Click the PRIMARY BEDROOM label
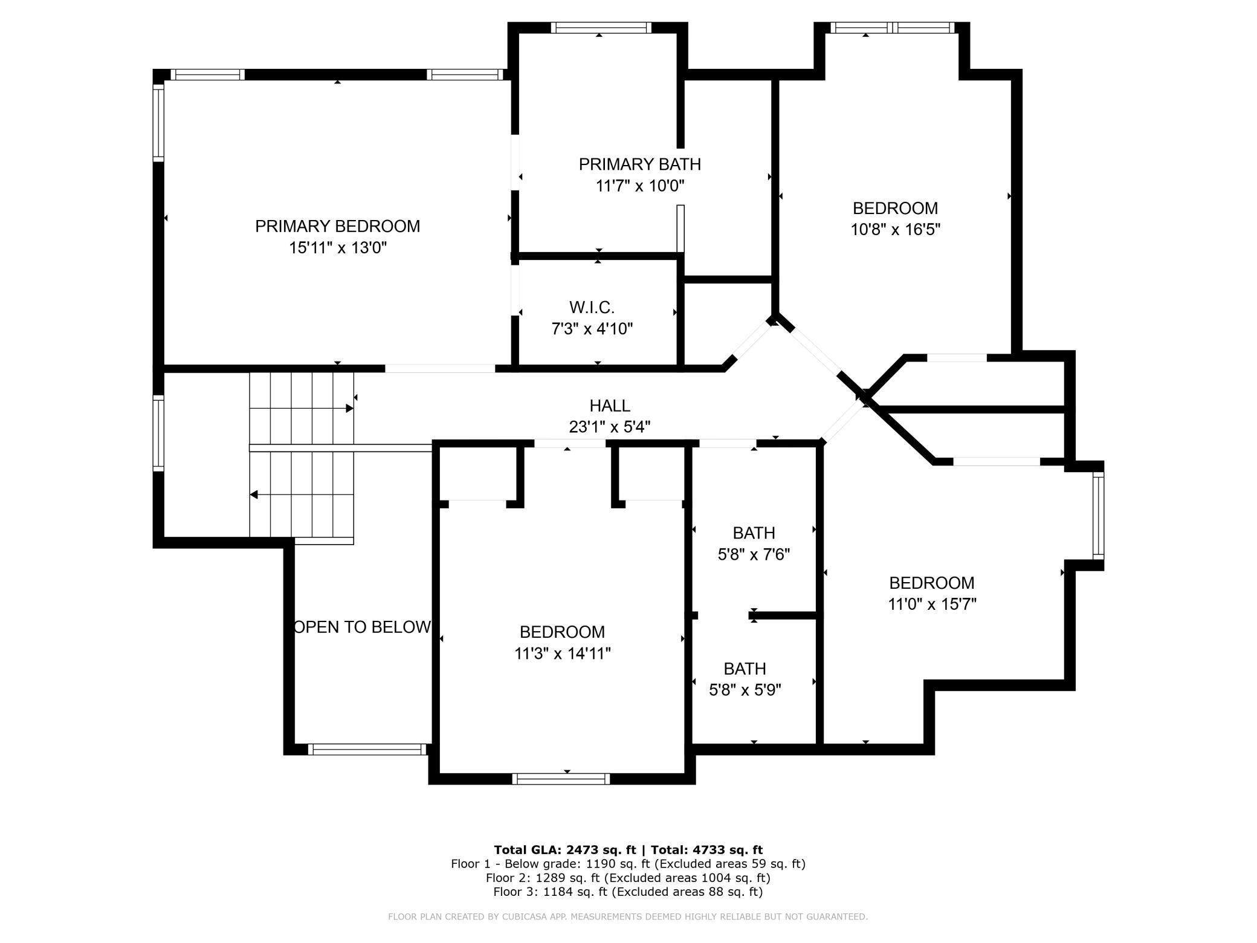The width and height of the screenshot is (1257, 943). [337, 226]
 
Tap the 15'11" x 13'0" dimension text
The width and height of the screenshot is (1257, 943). [337, 248]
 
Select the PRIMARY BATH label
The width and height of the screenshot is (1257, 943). [639, 164]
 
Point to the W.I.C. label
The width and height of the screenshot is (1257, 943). [592, 308]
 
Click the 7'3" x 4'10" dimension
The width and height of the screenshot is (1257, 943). [592, 329]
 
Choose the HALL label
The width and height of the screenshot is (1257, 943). [610, 406]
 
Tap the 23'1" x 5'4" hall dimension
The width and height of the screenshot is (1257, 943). [610, 427]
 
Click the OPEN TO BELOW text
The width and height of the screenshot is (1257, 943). [362, 627]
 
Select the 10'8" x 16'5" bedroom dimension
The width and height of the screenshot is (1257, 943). [895, 230]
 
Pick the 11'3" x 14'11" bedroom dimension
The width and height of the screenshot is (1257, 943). [562, 653]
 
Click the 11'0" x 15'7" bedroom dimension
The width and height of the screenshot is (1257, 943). [932, 604]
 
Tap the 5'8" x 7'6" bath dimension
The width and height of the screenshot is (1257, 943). [754, 554]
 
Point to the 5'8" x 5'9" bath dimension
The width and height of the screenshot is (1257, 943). [745, 690]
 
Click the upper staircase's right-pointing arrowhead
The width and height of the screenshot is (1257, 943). [349, 409]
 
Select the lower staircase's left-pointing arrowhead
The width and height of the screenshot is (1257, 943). [254, 495]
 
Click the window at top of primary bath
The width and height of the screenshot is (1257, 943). [601, 28]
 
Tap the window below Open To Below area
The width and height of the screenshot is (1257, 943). [367, 750]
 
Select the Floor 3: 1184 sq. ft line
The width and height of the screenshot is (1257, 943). [627, 892]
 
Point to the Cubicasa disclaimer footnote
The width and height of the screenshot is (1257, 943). [627, 917]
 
